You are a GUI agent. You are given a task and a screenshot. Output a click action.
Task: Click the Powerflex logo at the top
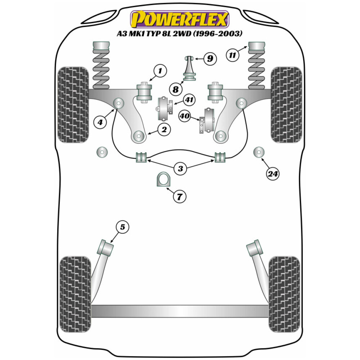tap(180, 19)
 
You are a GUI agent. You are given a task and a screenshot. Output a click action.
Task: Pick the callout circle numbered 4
tap(100, 122)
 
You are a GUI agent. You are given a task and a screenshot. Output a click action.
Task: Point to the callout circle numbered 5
tap(122, 227)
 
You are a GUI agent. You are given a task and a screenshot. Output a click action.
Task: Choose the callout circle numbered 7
tap(180, 197)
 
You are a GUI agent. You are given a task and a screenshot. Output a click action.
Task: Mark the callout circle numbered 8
tap(176, 88)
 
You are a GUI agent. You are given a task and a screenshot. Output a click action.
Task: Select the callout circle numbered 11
tap(233, 55)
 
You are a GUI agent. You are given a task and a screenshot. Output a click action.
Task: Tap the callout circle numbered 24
tap(273, 174)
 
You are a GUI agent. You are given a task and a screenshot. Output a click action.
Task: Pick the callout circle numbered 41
tap(189, 99)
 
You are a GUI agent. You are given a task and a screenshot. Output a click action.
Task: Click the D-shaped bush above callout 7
tap(163, 180)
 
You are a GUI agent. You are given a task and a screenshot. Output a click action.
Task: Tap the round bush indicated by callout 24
tap(258, 152)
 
